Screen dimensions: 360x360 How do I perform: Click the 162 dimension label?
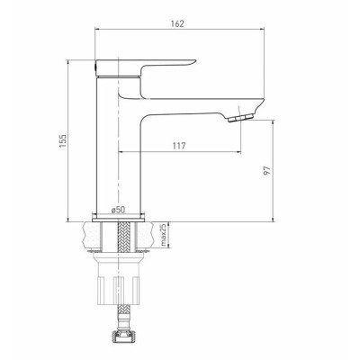(178, 23)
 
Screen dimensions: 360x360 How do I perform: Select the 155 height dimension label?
(63, 141)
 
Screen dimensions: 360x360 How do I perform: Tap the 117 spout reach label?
(179, 146)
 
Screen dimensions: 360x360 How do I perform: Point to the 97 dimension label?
(267, 170)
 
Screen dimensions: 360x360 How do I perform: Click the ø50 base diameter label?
(118, 210)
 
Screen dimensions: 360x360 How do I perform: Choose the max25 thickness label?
(163, 235)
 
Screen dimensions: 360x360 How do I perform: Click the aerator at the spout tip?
(240, 118)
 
